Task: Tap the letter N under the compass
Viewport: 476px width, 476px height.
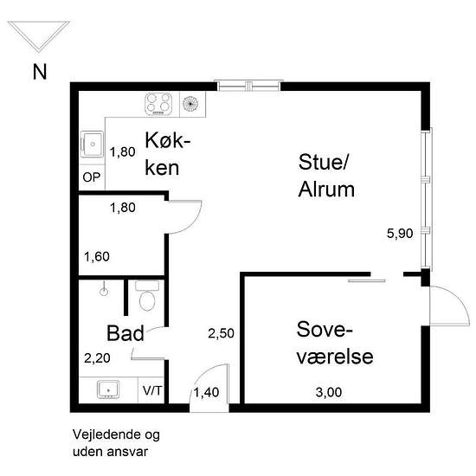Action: pos(40,72)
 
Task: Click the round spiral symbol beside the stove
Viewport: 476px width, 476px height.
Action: pos(191,104)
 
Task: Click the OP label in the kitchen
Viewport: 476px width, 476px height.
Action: pos(91,178)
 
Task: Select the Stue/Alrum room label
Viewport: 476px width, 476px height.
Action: pos(325,176)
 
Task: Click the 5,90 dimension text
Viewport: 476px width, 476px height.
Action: pos(400,233)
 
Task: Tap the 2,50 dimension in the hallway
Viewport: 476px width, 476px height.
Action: pos(221,333)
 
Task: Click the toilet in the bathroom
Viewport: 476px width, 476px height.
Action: pos(147,299)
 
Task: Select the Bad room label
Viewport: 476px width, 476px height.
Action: pos(125,334)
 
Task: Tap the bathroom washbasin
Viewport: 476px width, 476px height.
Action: pos(108,389)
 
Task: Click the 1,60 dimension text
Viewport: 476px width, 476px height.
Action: pos(97,257)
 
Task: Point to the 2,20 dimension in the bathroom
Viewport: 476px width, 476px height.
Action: pos(97,356)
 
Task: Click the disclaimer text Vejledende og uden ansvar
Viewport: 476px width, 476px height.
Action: pos(116,442)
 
